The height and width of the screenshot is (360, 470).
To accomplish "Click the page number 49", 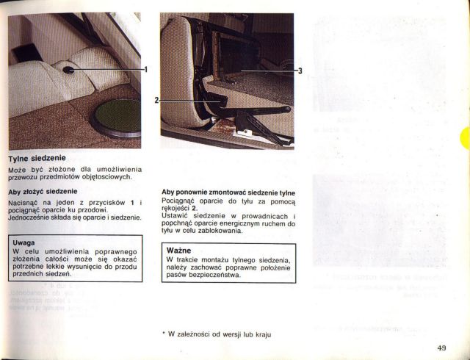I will pyautogui.click(x=441, y=348).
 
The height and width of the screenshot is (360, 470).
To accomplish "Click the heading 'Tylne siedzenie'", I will pyautogui.click(x=37, y=158).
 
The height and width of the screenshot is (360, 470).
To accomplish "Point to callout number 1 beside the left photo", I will pyautogui.click(x=145, y=70).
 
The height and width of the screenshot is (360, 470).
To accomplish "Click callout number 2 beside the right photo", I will pyautogui.click(x=156, y=99).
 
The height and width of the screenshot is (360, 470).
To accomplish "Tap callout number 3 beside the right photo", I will pyautogui.click(x=300, y=71).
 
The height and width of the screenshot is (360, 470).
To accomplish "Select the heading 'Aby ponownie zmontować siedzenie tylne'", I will pyautogui.click(x=228, y=192).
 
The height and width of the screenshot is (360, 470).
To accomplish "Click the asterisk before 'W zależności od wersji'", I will pyautogui.click(x=163, y=334).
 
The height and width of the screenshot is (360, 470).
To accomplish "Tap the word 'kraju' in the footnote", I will pyautogui.click(x=264, y=334).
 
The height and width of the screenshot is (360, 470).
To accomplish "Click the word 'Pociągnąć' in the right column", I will pyautogui.click(x=180, y=201).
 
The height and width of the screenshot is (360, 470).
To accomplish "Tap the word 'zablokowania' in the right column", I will pyautogui.click(x=218, y=231).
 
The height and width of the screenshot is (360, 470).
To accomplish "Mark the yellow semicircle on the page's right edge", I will pyautogui.click(x=466, y=138).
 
